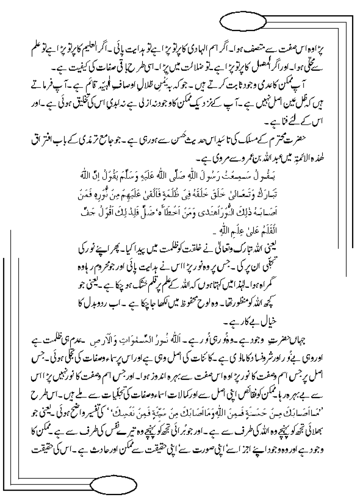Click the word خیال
300,322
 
